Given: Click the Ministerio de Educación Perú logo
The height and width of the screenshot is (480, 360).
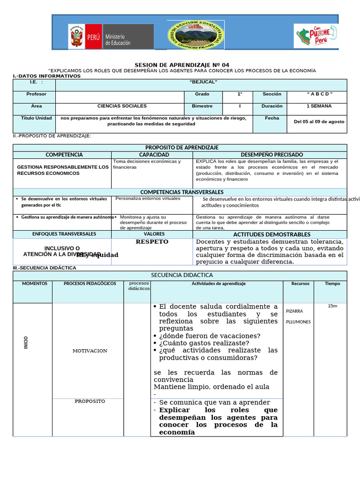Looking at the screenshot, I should click(111, 37).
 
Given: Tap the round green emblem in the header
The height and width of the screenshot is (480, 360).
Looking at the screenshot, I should click(195, 35).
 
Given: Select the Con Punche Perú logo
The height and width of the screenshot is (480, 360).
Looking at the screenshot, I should click(315, 36).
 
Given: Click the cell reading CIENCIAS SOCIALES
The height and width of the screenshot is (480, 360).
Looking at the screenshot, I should click(122, 106).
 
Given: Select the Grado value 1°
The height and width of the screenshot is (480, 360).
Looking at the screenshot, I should click(240, 94).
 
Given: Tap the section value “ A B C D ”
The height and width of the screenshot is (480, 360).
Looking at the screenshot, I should click(320, 94).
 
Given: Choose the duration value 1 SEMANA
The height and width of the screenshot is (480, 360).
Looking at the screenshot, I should click(319, 106).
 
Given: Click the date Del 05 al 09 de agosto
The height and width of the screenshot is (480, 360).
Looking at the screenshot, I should click(319, 121).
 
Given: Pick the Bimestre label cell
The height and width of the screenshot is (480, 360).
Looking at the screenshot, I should click(202, 106).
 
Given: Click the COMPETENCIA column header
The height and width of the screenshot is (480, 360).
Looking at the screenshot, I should click(64, 155).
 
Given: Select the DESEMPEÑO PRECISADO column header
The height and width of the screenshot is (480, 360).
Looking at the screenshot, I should click(271, 155).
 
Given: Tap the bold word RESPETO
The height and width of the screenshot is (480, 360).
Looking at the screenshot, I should click(152, 242).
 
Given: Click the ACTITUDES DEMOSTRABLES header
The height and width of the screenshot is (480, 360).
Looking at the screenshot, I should click(271, 234).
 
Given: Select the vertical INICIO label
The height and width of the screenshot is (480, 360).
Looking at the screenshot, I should click(26, 342).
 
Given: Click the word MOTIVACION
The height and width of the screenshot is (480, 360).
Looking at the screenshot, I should click(90, 351).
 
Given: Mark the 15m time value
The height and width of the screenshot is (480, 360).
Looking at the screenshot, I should click(332, 306).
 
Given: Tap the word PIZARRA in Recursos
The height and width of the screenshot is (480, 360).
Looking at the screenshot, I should click(294, 311).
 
